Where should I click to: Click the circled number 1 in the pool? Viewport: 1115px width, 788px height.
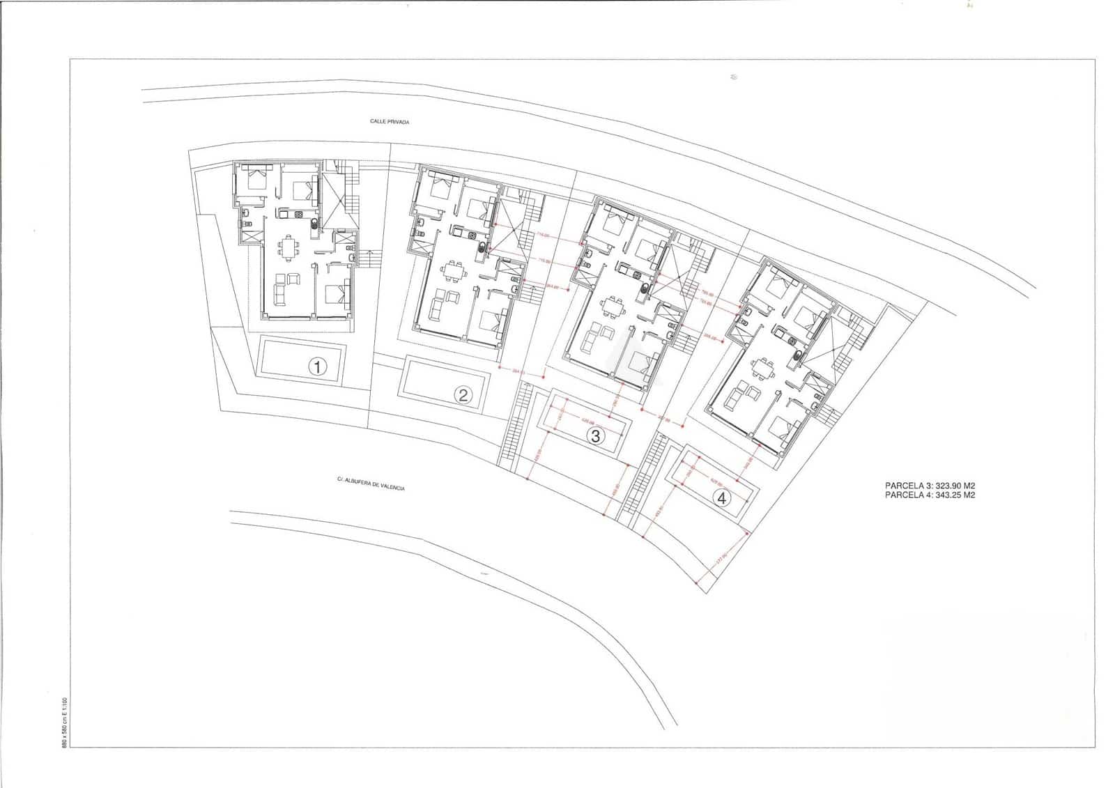click(317, 366)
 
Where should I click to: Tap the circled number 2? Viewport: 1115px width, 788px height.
click(463, 396)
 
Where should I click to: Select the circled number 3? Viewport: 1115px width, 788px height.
click(595, 437)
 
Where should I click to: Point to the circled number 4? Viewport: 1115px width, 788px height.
click(723, 497)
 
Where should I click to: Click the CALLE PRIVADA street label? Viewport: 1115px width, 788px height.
click(390, 122)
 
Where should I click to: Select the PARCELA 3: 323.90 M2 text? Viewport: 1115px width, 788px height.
click(930, 486)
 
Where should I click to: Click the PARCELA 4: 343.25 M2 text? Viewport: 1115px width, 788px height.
click(930, 495)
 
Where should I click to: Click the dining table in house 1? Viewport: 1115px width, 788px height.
click(288, 246)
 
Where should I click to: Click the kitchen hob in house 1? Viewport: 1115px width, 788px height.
click(300, 215)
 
